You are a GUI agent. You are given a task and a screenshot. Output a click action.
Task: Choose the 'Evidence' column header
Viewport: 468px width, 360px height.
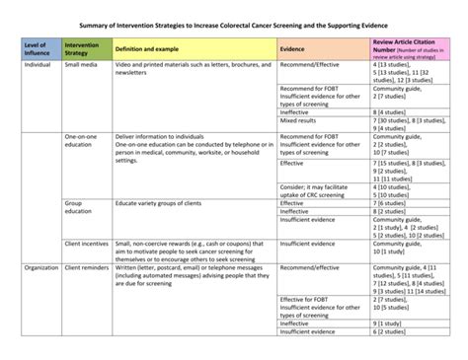click(292, 47)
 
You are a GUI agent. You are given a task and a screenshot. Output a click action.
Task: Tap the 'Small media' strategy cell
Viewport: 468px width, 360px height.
click(82, 64)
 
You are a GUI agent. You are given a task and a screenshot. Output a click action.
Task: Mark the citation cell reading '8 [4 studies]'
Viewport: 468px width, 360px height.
click(391, 111)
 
